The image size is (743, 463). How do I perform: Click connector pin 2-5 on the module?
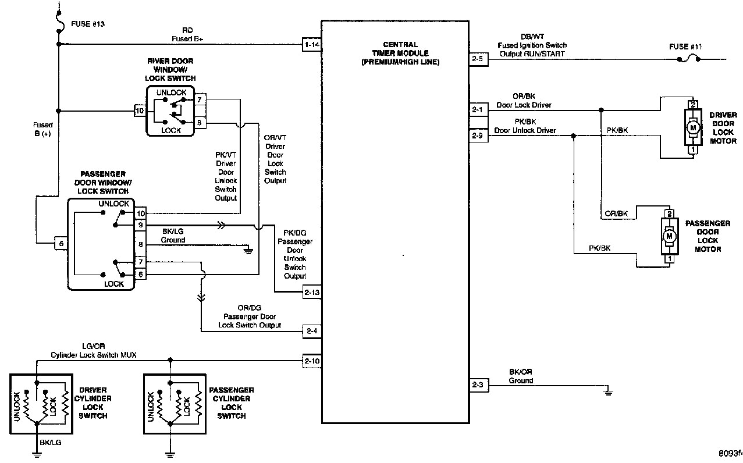[477, 58]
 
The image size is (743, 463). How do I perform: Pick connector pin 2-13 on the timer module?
[311, 292]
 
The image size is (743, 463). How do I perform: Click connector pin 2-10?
[311, 361]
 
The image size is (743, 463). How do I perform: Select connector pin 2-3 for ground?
[477, 384]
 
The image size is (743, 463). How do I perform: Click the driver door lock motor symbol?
[693, 127]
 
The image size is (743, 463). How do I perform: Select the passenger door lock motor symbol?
[669, 236]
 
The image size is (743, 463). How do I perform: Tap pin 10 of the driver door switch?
[140, 111]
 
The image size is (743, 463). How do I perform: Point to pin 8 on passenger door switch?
[140, 244]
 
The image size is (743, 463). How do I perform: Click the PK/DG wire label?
[294, 233]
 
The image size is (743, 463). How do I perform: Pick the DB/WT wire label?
[532, 36]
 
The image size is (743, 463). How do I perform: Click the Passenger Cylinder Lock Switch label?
[231, 403]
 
